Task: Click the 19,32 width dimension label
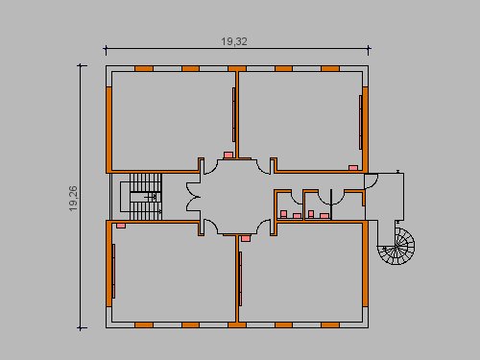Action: click(x=234, y=41)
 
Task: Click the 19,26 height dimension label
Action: click(x=73, y=199)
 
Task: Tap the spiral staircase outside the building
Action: click(x=396, y=246)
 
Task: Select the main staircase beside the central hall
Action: click(x=146, y=197)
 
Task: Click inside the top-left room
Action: click(x=173, y=121)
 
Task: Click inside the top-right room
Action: click(x=300, y=121)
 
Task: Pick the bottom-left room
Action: click(x=173, y=272)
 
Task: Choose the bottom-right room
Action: click(x=300, y=272)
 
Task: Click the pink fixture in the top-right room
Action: click(x=353, y=168)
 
